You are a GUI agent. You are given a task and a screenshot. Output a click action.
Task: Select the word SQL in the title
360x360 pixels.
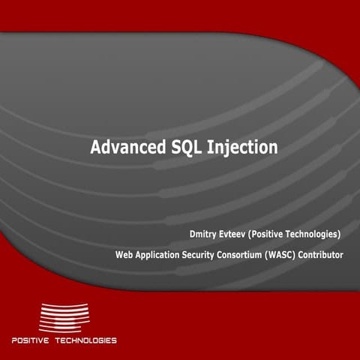180,147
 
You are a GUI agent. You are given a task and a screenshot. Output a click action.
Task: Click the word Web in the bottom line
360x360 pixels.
124,255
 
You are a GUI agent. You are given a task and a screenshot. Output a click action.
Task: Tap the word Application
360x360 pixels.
161,256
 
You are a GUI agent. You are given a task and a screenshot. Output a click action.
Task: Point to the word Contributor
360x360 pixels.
326,255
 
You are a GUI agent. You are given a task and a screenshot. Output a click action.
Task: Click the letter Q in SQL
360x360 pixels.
180,148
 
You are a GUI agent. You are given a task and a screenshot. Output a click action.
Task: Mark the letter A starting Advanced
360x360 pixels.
96,147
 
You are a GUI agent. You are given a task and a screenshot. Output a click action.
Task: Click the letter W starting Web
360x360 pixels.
120,255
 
